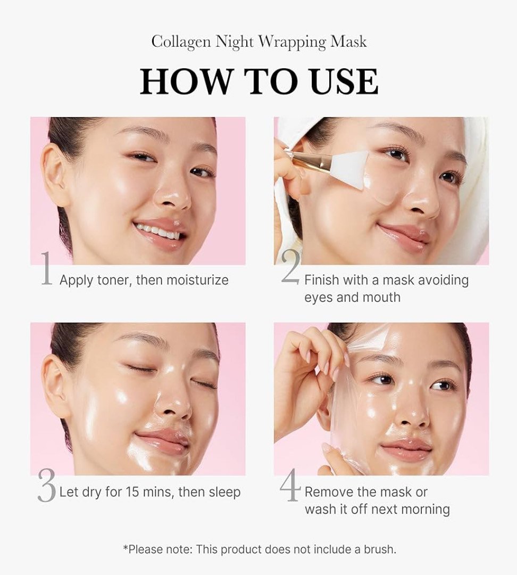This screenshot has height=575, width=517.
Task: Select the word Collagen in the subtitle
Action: (x=181, y=42)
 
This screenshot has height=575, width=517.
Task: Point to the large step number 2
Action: (x=291, y=268)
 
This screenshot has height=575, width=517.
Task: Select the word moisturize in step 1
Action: (x=197, y=281)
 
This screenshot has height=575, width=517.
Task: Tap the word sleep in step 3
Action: (x=224, y=492)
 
